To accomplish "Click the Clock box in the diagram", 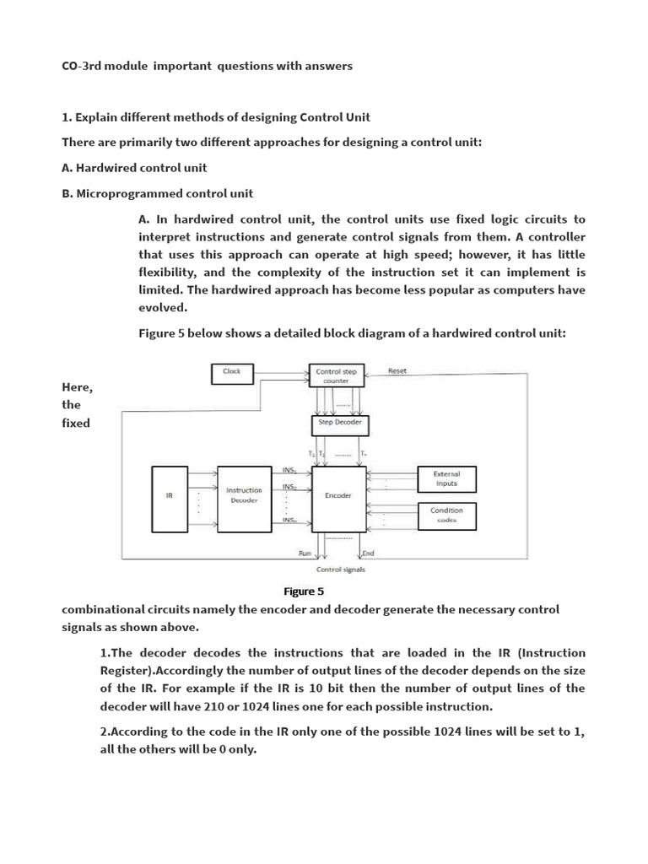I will coord(231,372).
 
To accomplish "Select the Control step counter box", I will coord(336,375).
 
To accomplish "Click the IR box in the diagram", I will coord(169,498).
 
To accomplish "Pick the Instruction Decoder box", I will coord(243,498).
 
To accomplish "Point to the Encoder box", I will coord(337,498).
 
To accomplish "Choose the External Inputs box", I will coord(447,478).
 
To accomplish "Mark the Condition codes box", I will coord(447,515).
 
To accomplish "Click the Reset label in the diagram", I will coord(397,371).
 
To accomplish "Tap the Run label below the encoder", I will coord(305,553).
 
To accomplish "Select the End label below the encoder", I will coord(369,553).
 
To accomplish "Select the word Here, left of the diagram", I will coord(77,386).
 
